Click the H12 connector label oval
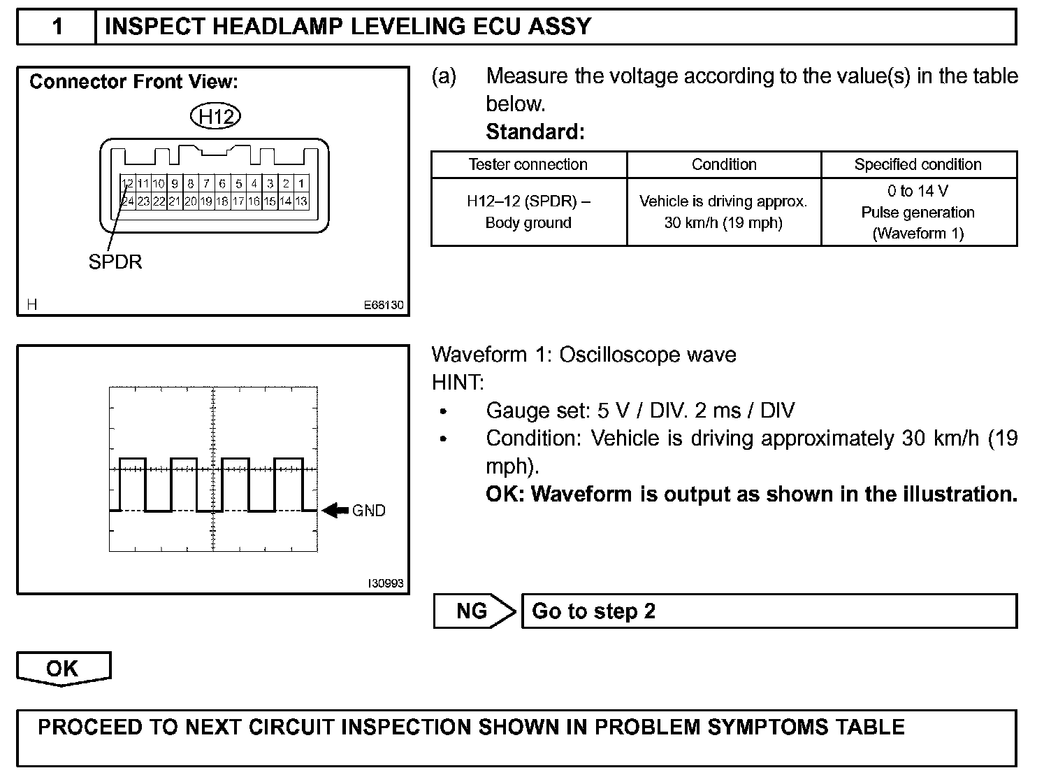215,116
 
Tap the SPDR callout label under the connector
115,262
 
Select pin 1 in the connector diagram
301,184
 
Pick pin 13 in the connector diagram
301,201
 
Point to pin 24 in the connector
128,201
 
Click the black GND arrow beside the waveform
335,511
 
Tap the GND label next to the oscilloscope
369,511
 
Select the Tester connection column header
528,164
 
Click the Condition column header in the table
724,164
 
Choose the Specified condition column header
918,164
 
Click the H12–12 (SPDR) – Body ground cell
528,212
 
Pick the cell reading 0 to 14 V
918,191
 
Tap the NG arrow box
473,611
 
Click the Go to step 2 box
769,611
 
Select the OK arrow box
63,669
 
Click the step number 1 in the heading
57,27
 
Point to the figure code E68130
384,306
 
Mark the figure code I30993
386,583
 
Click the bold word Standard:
535,131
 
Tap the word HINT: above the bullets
458,383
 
